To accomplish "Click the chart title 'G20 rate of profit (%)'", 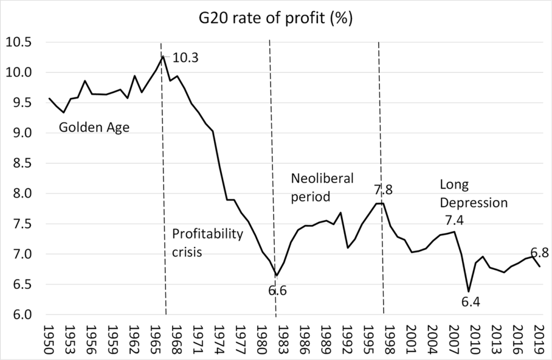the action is [x=276, y=18].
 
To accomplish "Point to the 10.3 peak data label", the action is [x=186, y=57].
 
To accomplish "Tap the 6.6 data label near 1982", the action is [x=277, y=291].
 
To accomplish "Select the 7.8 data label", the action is [x=383, y=190].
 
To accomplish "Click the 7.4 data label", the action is [x=454, y=220].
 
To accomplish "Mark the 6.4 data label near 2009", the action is [x=471, y=302].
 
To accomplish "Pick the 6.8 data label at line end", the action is [x=540, y=253].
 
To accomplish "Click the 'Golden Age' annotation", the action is [x=94, y=127].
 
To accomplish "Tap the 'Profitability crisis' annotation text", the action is [x=207, y=243].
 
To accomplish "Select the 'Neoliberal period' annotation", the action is [x=322, y=187].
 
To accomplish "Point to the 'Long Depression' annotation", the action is [x=474, y=194].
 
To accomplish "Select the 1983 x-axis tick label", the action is [x=281, y=338].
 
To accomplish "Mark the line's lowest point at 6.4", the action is [x=468, y=291].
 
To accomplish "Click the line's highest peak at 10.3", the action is [x=162, y=56].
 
